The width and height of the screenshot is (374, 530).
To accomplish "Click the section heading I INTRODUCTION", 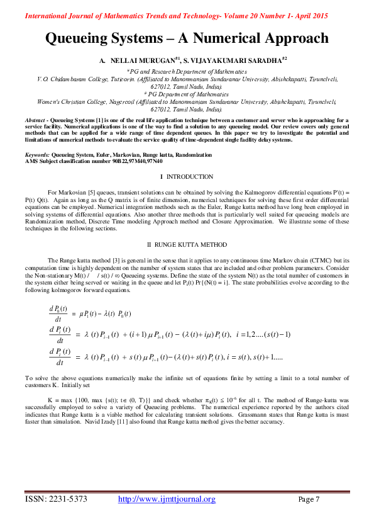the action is pyautogui.click(x=187, y=177).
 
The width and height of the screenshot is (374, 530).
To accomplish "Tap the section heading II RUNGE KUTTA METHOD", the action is pyautogui.click(x=187, y=244).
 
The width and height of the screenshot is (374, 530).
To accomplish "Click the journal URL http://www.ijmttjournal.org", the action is pyautogui.click(x=167, y=499).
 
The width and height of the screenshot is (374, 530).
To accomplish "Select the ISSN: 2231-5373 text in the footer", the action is pyautogui.click(x=56, y=499).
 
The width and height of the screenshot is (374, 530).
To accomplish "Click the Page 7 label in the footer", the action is pyautogui.click(x=309, y=499).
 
